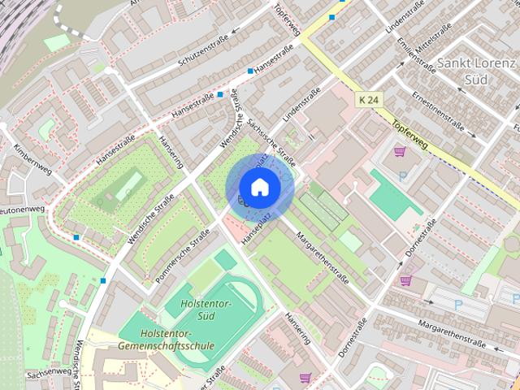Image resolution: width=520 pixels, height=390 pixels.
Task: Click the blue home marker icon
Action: click(x=258, y=188)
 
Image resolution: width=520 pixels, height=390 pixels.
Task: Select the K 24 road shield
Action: click(x=367, y=100)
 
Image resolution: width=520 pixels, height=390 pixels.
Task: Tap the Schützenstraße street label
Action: click(x=197, y=49)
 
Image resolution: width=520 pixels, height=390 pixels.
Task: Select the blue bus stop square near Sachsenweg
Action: click(x=103, y=280)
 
